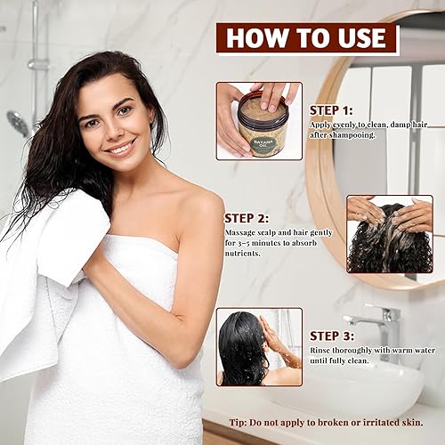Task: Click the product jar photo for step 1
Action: (259, 121)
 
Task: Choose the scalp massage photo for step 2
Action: (389, 234)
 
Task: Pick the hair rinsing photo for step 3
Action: (259, 347)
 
